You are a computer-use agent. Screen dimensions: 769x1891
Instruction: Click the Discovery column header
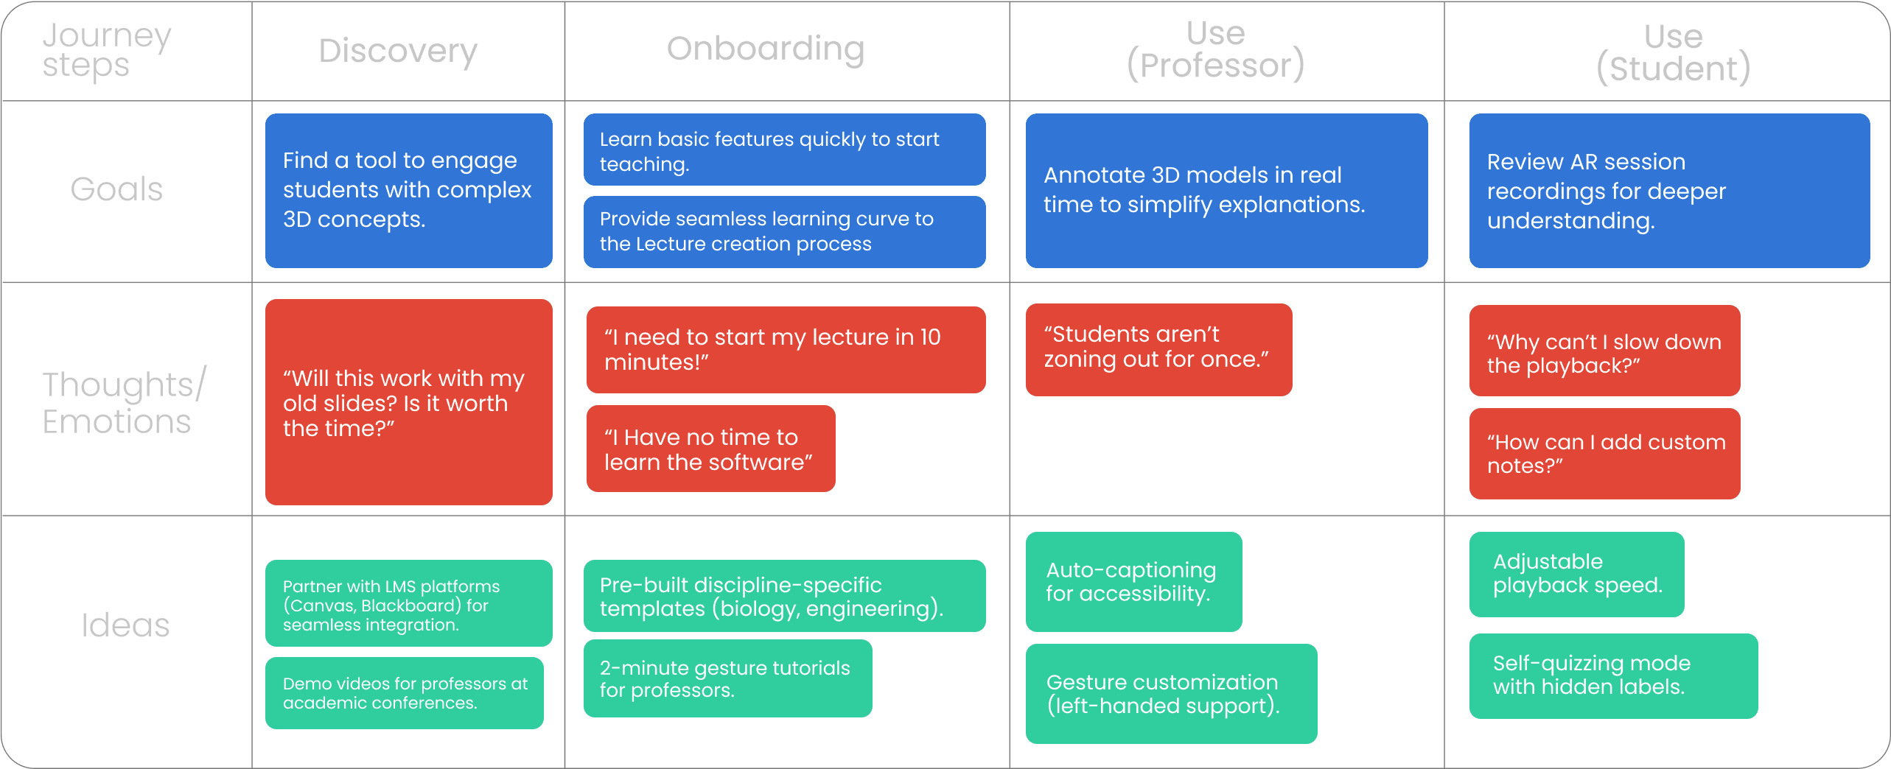tap(398, 51)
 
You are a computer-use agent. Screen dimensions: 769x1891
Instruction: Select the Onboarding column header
tap(766, 49)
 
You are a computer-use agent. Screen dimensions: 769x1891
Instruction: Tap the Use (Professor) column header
tap(1215, 49)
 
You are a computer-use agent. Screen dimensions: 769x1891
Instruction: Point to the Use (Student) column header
tap(1673, 52)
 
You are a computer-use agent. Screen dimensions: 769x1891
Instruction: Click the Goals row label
tap(116, 189)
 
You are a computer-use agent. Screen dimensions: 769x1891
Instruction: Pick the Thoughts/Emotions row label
tap(124, 402)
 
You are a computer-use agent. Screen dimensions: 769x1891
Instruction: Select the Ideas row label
tap(125, 625)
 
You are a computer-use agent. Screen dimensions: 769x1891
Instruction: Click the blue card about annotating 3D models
tap(1226, 190)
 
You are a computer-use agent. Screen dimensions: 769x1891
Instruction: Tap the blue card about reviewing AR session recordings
tap(1669, 190)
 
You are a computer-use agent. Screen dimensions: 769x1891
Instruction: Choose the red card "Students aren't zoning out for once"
tap(1158, 349)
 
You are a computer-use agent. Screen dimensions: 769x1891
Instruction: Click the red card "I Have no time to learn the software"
tap(710, 449)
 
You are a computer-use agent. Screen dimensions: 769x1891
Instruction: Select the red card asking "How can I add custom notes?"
tap(1604, 454)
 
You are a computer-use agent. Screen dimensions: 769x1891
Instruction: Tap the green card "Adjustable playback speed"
tap(1576, 574)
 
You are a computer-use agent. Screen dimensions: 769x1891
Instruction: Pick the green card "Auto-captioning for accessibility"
tap(1133, 581)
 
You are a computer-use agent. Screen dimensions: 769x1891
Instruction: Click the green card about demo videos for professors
tap(405, 692)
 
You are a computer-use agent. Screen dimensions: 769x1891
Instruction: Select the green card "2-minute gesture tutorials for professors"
tap(727, 678)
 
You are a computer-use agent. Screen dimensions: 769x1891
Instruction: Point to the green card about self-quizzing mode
tap(1613, 675)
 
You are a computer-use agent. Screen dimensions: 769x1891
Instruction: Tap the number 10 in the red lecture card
tap(930, 337)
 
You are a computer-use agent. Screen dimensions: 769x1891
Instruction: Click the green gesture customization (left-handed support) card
tap(1171, 693)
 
